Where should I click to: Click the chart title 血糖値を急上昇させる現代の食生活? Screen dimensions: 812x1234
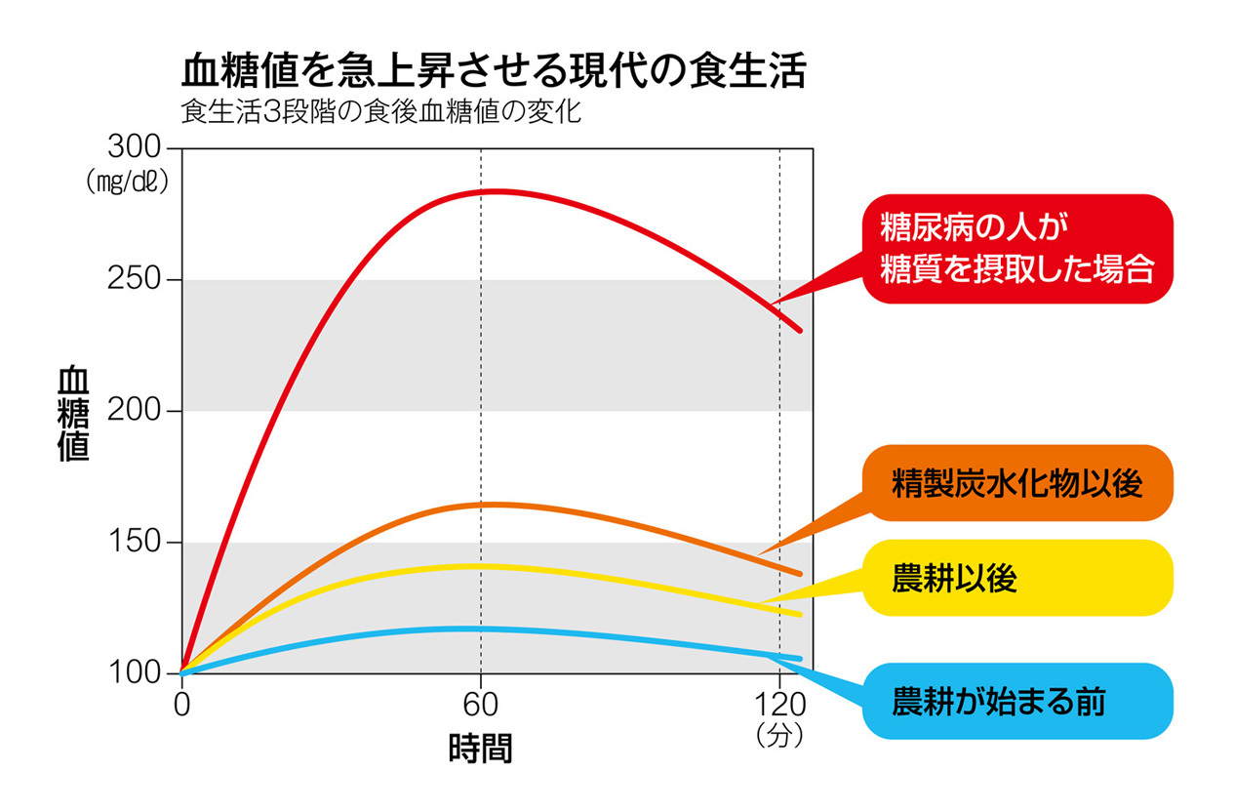pyautogui.click(x=494, y=70)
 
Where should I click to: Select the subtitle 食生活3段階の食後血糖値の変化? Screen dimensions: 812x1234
pyautogui.click(x=380, y=112)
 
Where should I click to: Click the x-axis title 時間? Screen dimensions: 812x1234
pyautogui.click(x=480, y=748)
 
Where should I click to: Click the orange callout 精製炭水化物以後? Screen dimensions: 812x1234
pyautogui.click(x=1016, y=483)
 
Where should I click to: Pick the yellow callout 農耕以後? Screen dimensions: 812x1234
pyautogui.click(x=1016, y=578)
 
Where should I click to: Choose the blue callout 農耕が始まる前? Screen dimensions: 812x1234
pyautogui.click(x=1016, y=701)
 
